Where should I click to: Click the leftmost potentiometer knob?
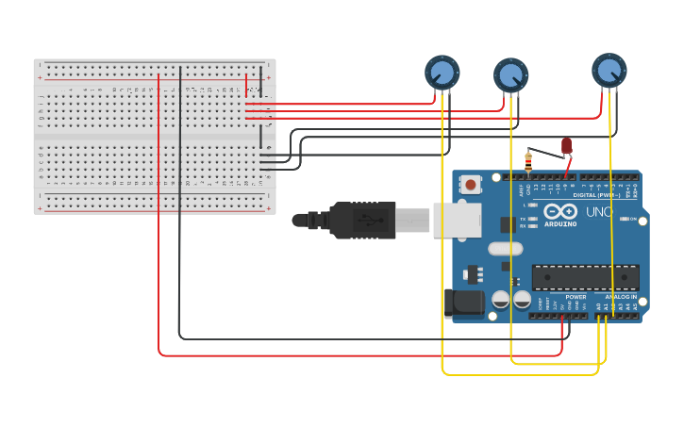(442, 72)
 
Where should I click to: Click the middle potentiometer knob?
(510, 75)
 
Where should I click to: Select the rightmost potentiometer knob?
(609, 70)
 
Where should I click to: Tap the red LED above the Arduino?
(566, 145)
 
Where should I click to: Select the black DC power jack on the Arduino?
(463, 301)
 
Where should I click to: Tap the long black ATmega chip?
(585, 277)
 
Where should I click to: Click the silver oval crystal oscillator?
(505, 249)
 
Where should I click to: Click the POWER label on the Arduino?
(576, 297)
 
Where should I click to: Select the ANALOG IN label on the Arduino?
(621, 297)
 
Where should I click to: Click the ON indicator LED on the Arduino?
(625, 219)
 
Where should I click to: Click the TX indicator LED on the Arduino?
(533, 219)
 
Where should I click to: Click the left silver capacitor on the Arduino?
(501, 301)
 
